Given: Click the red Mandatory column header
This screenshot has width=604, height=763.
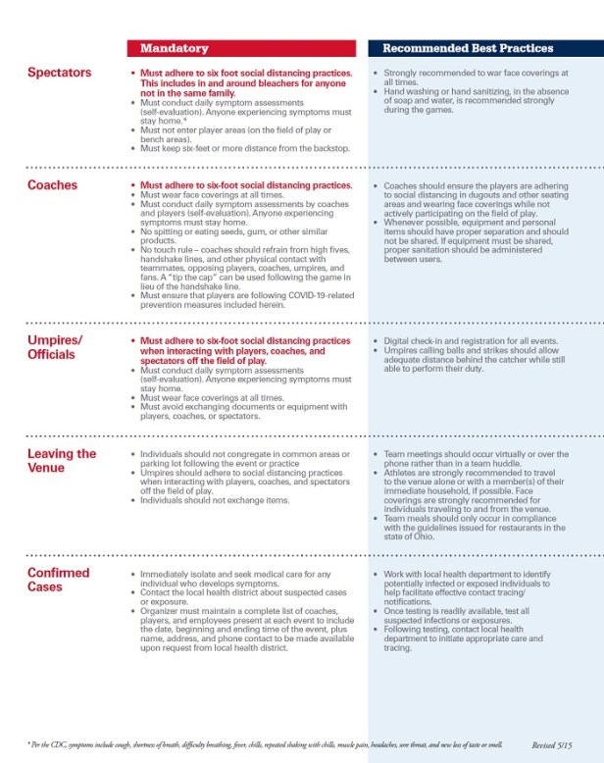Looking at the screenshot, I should point(174,47).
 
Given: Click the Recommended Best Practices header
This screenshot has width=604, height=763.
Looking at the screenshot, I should point(467,47).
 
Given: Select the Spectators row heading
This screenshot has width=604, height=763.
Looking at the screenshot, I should point(59,73).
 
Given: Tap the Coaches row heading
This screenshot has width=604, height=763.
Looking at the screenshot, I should point(53,184).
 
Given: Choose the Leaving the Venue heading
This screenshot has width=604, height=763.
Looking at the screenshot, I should point(61,460).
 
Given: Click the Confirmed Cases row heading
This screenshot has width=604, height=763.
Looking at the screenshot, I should point(59,579).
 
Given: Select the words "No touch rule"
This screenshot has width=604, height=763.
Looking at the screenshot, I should point(169,249).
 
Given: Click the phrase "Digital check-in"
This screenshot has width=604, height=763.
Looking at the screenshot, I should point(415,341).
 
